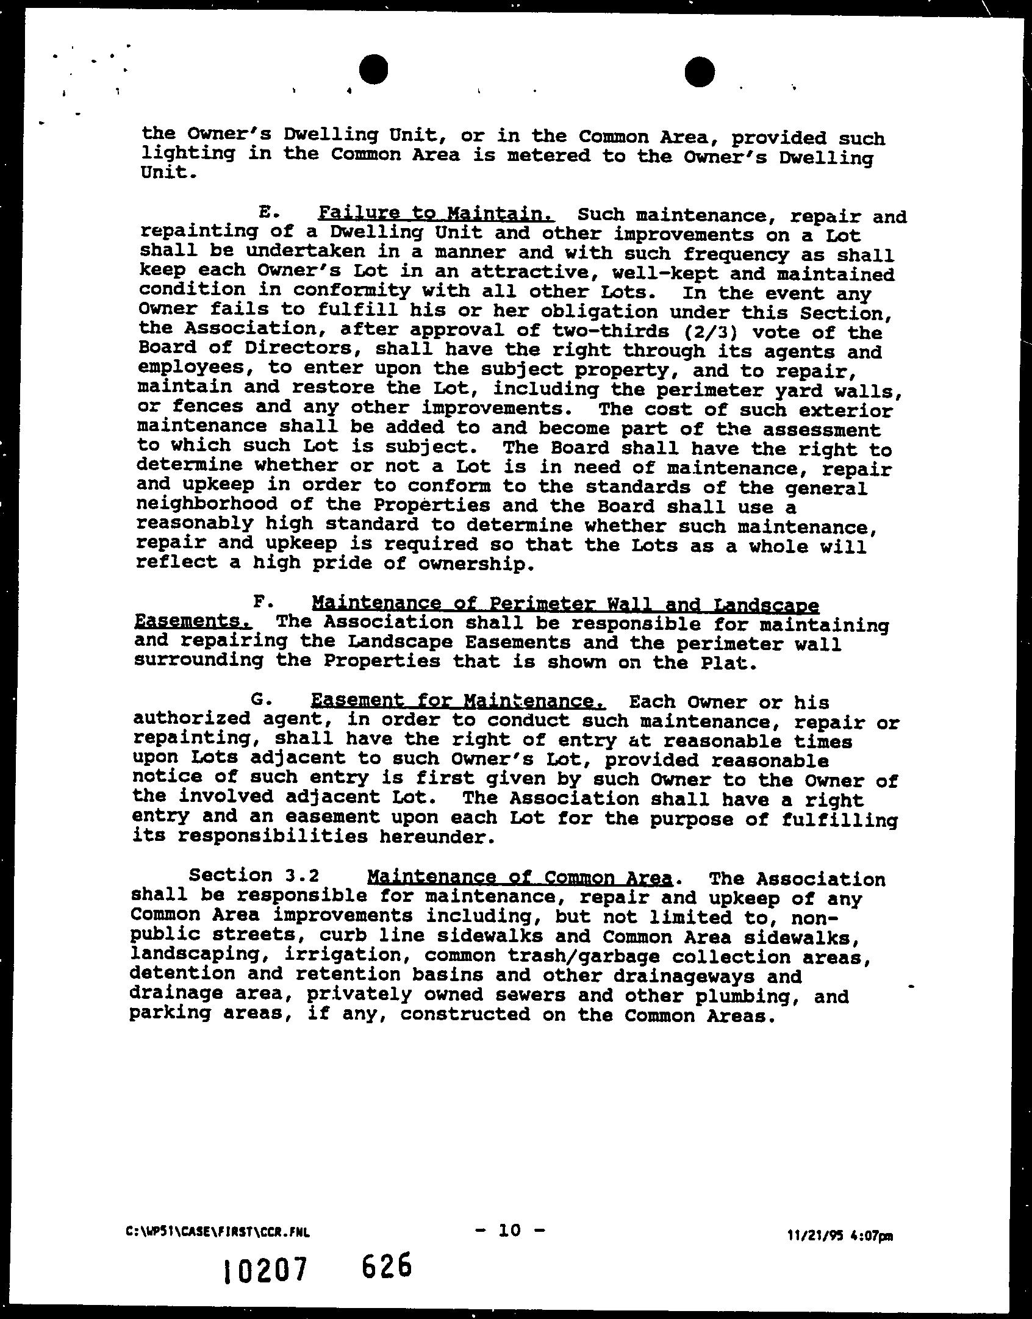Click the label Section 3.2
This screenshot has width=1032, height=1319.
[x=254, y=875]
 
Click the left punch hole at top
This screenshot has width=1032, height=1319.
[x=373, y=70]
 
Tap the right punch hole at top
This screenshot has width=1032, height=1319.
[x=699, y=72]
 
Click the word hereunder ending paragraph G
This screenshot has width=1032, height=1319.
[x=434, y=837]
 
